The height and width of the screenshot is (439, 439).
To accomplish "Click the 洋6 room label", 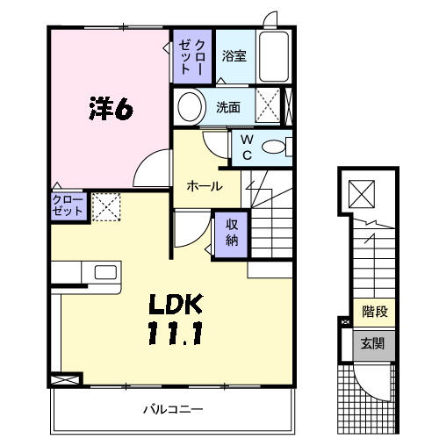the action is pos(111,108).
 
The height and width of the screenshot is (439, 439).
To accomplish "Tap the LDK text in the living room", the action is pos(176,304).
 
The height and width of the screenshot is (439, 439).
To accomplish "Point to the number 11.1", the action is pos(176,333).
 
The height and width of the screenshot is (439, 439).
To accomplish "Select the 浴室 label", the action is pos(234,55).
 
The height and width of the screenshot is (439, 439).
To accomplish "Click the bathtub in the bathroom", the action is pos(274,56).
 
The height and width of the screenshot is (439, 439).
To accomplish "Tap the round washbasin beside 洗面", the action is pos(190,106).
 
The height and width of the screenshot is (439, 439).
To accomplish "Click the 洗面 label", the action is pos(228,107).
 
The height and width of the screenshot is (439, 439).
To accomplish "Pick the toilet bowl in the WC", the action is pos(273,147).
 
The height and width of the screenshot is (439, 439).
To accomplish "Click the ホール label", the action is pos(205,186).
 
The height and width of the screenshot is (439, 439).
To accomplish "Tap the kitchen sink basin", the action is pos(105,272).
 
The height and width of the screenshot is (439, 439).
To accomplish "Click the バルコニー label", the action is pos(173,409).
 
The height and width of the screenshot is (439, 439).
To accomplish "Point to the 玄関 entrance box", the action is pos(374,345).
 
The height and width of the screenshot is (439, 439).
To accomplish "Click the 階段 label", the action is pos(375,312).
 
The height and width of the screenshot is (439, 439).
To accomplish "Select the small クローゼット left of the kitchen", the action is pos(68,206).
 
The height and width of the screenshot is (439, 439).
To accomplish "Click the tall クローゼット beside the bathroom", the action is pos(192,56).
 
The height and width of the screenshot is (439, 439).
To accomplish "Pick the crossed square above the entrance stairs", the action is pos(362,194).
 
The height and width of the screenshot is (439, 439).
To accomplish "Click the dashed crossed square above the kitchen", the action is pos(106,206).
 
